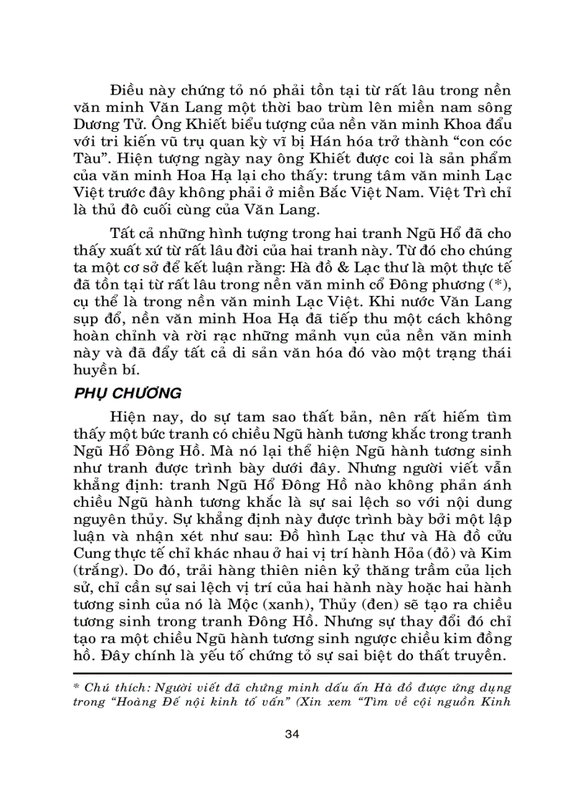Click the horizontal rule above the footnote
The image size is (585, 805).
pyautogui.click(x=292, y=674)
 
